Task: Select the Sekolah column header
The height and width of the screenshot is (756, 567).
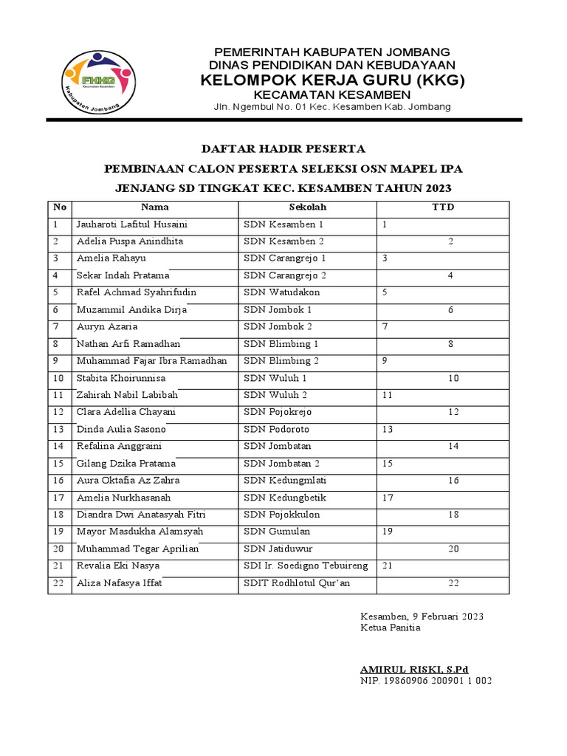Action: (x=308, y=207)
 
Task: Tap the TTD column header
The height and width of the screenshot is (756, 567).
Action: (x=443, y=207)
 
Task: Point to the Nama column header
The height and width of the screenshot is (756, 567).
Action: (x=155, y=207)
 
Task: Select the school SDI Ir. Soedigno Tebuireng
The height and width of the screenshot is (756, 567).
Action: (x=306, y=566)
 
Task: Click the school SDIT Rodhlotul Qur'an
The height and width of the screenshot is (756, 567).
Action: (x=297, y=583)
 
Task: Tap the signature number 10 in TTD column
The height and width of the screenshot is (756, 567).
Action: (x=453, y=378)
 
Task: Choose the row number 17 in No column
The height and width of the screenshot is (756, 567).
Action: (x=58, y=498)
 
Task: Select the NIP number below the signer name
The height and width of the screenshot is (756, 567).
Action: (x=426, y=681)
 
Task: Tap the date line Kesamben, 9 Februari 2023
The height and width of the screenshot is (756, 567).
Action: (x=422, y=616)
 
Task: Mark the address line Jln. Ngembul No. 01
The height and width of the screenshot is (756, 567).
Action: (x=331, y=108)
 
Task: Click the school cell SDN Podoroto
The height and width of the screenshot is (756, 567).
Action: (x=277, y=429)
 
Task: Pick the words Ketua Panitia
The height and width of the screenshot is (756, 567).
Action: (x=390, y=628)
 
